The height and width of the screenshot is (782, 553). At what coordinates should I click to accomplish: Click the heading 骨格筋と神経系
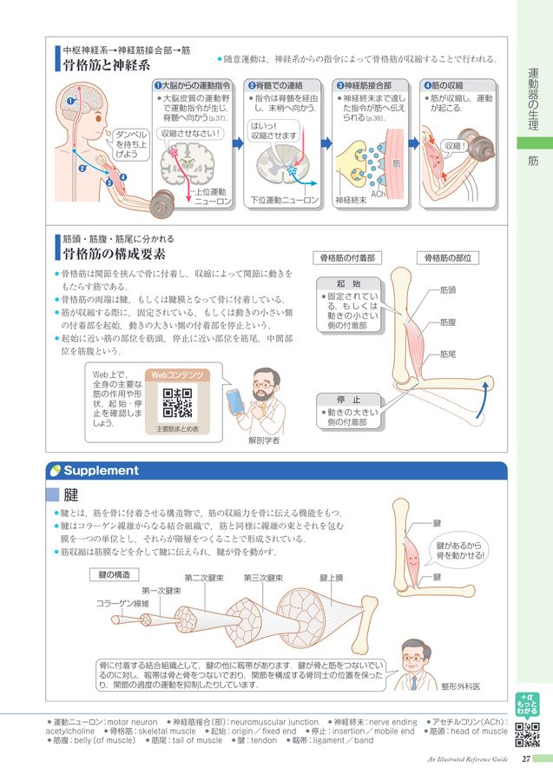pyautogui.click(x=107, y=65)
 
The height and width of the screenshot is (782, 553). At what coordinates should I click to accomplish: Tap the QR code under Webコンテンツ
pyautogui.click(x=177, y=403)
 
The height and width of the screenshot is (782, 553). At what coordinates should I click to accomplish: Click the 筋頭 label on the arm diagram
pyautogui.click(x=448, y=290)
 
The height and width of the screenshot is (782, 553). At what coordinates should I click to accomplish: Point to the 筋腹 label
pyautogui.click(x=448, y=322)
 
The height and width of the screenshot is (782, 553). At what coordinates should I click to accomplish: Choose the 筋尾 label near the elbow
pyautogui.click(x=448, y=355)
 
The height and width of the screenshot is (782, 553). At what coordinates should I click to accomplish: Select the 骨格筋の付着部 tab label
pyautogui.click(x=347, y=258)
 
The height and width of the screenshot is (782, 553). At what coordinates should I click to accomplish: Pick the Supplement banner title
pyautogui.click(x=101, y=471)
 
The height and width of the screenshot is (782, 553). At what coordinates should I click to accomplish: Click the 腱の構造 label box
pyautogui.click(x=115, y=574)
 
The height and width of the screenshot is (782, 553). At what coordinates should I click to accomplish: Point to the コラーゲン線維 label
pyautogui.click(x=122, y=603)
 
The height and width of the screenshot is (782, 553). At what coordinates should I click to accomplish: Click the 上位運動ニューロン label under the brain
pyautogui.click(x=212, y=196)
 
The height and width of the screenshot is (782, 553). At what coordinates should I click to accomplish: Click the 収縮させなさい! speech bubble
pyautogui.click(x=191, y=134)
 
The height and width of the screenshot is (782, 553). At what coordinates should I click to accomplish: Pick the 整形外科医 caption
pyautogui.click(x=460, y=686)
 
